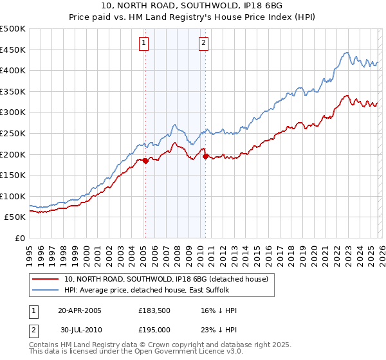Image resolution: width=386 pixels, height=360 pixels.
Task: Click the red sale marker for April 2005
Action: (145, 161)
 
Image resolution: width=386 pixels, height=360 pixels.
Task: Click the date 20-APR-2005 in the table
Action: (80, 310)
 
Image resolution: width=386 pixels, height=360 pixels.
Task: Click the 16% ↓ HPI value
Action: (219, 310)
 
